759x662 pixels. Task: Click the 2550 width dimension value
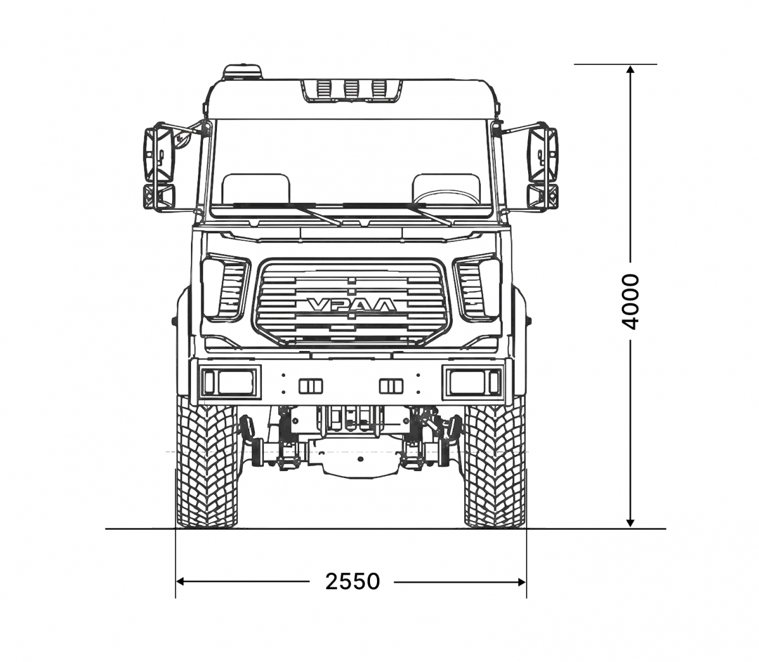[352, 582]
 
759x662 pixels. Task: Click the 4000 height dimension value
[630, 302]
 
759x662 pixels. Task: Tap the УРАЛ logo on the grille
[352, 305]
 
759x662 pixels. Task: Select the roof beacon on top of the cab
[243, 72]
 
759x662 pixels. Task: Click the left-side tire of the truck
[207, 462]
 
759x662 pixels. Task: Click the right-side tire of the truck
[495, 462]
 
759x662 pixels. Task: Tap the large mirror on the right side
[542, 153]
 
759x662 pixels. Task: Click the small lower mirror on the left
[159, 196]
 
